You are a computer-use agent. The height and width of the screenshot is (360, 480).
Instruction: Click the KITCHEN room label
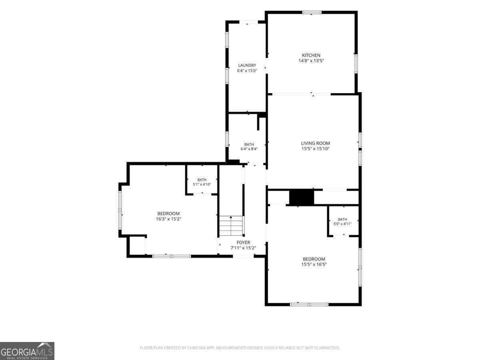[x=311, y=55]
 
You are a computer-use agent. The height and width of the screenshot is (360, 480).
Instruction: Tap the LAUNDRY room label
[x=247, y=65]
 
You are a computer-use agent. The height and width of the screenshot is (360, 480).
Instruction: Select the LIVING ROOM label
[x=315, y=143]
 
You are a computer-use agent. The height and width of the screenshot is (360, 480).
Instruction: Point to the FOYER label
[x=243, y=242]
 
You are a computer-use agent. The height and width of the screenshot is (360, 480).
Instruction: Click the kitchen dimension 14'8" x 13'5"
[x=311, y=61]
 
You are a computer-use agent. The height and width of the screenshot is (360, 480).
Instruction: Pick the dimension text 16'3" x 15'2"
[x=168, y=219]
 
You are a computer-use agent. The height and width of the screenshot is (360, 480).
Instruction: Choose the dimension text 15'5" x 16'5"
[x=314, y=264]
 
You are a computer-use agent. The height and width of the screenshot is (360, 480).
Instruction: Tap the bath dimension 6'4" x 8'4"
[x=249, y=149]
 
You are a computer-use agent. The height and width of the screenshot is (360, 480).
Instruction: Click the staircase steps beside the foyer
[x=231, y=226]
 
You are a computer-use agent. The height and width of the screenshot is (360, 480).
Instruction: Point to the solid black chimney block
[x=302, y=197]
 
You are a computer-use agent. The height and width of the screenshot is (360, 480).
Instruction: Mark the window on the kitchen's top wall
[x=312, y=12]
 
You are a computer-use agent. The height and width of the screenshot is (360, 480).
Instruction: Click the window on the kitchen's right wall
[x=356, y=64]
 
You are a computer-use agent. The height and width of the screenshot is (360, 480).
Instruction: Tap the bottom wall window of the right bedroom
[x=309, y=304]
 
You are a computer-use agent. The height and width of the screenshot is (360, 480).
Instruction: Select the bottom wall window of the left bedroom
[x=172, y=256]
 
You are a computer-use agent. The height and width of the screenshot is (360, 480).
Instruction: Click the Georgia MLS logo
[x=27, y=351]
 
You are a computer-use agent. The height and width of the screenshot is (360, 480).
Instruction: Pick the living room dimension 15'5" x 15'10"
[x=315, y=149]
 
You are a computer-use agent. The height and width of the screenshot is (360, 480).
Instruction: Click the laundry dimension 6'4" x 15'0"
[x=247, y=71]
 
